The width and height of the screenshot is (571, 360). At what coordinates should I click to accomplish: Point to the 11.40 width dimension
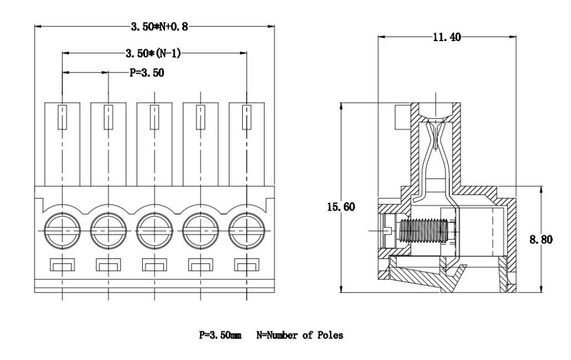click(447, 38)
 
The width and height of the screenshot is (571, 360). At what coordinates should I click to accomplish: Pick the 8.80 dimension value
click(541, 240)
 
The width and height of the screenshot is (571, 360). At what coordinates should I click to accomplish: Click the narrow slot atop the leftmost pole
click(62, 117)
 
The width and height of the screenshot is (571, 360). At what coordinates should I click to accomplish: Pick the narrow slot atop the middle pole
click(154, 117)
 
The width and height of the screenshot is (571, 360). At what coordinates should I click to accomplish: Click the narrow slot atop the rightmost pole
click(247, 117)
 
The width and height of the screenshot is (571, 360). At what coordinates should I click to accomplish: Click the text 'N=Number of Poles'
click(300, 336)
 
